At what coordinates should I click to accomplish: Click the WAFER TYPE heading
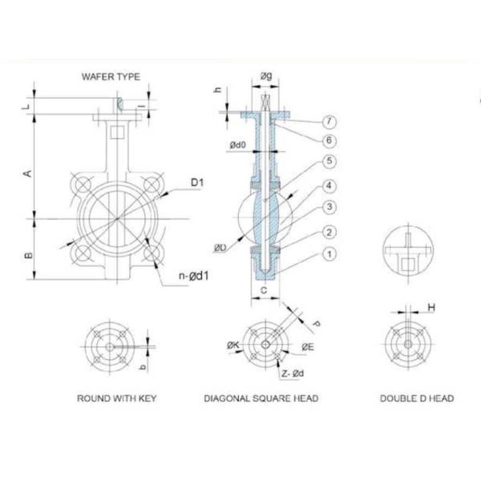point(111,77)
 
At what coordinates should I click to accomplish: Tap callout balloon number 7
point(329,122)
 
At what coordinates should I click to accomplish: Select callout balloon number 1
point(329,254)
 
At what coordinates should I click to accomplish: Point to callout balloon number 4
point(329,186)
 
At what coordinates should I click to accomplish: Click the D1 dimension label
point(197,183)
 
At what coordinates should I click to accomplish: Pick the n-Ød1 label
point(194,276)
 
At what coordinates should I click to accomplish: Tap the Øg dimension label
point(266,75)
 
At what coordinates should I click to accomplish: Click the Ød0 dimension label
point(238,145)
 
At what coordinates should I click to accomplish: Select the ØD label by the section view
point(220,248)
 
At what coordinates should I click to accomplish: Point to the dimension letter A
point(28,174)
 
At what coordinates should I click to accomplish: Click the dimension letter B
point(28,255)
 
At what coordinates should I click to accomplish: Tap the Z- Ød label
point(293,374)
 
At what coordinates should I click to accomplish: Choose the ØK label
point(233,346)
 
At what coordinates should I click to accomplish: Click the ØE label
point(308,347)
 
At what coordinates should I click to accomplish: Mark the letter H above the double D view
point(431,307)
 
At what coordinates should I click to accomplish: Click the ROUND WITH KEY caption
point(116,398)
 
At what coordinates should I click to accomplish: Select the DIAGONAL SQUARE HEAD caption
point(261,398)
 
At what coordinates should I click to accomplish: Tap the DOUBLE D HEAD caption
point(417,398)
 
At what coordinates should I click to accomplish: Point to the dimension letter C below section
point(264,290)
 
